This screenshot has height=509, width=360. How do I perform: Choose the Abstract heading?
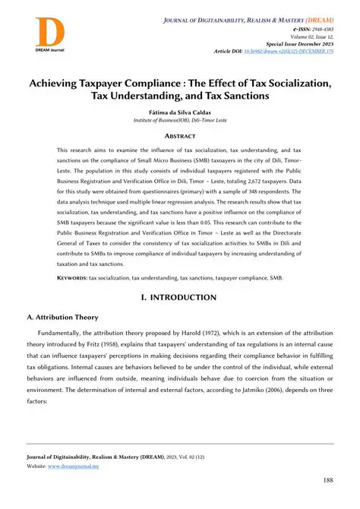[x=179, y=138]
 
